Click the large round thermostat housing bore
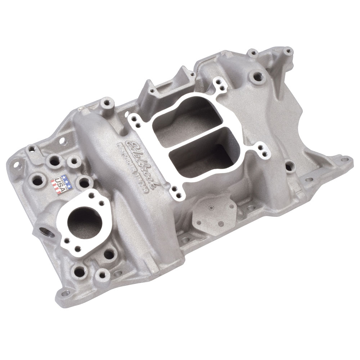[85, 221]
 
